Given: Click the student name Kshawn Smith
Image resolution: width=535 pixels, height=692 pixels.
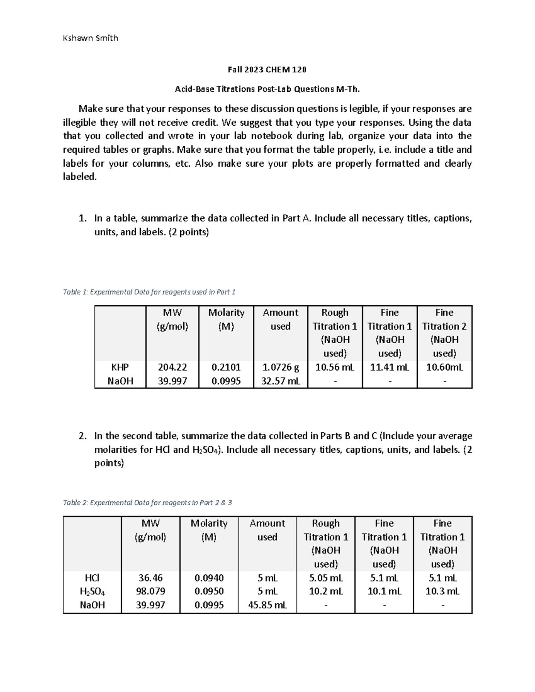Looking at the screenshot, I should [x=91, y=38].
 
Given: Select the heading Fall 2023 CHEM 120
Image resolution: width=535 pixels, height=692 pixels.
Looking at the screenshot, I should [x=267, y=70].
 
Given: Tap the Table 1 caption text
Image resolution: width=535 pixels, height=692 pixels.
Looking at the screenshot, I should [x=149, y=292].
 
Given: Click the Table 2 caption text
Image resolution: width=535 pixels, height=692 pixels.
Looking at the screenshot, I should [x=147, y=503].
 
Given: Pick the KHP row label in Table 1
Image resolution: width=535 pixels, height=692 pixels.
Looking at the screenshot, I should [x=120, y=367].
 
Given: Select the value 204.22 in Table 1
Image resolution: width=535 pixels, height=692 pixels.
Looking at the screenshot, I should [x=172, y=367].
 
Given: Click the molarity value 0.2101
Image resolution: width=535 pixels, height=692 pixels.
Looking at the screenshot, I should [x=226, y=367].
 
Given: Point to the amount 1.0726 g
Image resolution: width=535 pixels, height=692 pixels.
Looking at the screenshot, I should [x=280, y=367].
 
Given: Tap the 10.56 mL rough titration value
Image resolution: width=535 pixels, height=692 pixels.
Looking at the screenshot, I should [x=335, y=367].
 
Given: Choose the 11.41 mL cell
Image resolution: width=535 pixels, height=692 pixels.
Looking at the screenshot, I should [x=389, y=367].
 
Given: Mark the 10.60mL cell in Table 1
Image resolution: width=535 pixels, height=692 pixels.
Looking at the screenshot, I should [x=444, y=367].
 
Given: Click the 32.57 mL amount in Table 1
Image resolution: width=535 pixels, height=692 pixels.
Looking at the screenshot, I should [x=280, y=381].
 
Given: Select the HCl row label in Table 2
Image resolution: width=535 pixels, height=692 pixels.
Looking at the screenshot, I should [x=92, y=578].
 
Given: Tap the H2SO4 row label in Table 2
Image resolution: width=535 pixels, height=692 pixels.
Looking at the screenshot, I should [x=92, y=592].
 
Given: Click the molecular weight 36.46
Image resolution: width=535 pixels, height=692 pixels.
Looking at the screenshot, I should [x=150, y=578].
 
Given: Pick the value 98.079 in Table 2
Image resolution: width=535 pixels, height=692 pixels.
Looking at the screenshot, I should [x=150, y=591].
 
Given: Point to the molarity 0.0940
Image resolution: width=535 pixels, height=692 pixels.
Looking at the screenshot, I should [x=209, y=578].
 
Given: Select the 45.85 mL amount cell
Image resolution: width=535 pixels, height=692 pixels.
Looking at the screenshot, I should [x=267, y=605].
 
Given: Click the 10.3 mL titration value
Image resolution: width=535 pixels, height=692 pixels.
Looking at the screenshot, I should [x=442, y=591].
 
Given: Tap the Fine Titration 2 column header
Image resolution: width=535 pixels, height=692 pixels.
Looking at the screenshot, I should [x=444, y=332].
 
